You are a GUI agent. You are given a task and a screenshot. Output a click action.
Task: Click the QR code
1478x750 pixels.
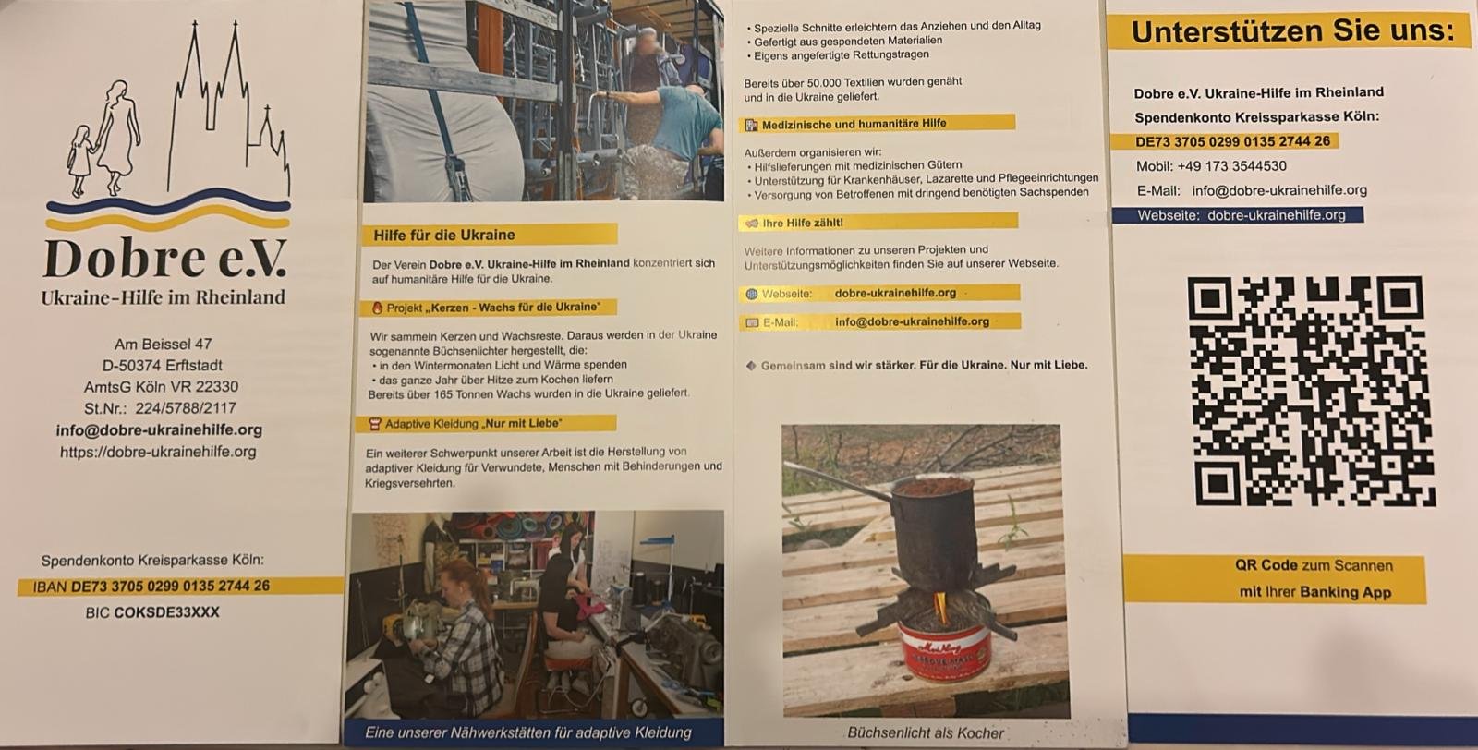point(1312,392)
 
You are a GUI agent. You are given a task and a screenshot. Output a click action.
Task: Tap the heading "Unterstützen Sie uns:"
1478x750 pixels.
point(1292,31)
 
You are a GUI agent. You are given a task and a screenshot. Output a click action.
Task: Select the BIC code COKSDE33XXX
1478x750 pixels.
point(166,612)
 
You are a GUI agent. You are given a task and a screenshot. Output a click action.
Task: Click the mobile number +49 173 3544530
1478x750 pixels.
point(1232,166)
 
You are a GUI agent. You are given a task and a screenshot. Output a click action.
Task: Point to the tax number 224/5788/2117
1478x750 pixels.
point(186,408)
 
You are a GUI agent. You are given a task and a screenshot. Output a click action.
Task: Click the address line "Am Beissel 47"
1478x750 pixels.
point(163,344)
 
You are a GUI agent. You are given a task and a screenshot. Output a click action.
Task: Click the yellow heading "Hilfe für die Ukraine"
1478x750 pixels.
point(444,235)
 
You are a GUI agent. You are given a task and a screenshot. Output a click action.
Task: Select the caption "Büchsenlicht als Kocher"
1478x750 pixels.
point(925,732)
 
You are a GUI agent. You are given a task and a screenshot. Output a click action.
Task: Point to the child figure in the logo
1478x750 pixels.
point(80,161)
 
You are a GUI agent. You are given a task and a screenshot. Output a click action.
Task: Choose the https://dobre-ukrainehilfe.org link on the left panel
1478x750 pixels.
point(158,452)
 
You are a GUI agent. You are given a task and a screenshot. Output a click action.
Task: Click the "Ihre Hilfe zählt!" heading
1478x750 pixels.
point(803,223)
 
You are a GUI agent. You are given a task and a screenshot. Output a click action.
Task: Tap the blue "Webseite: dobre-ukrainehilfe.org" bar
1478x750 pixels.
point(1238,215)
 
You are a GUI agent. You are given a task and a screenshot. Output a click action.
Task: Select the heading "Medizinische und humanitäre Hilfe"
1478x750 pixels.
point(854,124)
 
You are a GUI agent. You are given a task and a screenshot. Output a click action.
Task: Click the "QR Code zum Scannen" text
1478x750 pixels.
point(1314,565)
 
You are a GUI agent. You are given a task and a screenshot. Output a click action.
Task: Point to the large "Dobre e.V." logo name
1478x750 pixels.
point(165,259)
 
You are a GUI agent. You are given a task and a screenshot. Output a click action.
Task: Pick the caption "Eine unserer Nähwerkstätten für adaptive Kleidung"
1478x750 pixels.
point(527,732)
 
